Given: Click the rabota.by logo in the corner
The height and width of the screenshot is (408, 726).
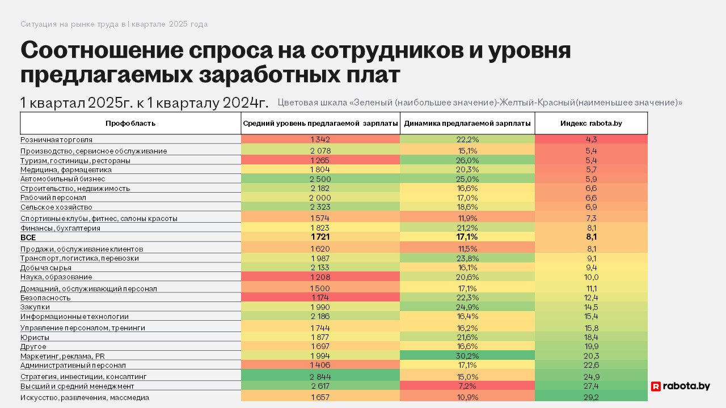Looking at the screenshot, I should coord(680,386).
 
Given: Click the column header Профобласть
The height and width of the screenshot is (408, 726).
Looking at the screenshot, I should coord(130,123).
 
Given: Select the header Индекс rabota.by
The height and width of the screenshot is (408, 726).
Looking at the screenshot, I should coord(591,123).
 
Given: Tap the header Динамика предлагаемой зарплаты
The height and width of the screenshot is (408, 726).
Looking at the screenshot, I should coord(467,123).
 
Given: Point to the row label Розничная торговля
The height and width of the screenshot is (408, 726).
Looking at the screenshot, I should coord(57,139).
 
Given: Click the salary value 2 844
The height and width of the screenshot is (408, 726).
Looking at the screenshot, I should coord(320,376).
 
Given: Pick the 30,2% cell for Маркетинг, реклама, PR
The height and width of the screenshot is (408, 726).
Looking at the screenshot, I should coord(467,356).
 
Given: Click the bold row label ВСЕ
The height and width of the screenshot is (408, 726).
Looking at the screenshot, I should coord(28,238).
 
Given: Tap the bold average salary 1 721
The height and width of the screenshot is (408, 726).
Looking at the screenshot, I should coord(320,237).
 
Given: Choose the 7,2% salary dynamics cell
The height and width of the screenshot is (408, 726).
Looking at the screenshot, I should coord(467,386).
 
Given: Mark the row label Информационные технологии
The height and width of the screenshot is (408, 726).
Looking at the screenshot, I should coord(74,317).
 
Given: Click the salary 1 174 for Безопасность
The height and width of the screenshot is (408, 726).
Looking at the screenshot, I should coord(320,297).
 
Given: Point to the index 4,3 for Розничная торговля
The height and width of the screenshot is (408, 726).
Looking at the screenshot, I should coord(591,139).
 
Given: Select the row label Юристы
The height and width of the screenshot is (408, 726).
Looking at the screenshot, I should coord(35,337).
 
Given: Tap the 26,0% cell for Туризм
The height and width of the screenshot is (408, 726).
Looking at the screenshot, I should coord(467,160).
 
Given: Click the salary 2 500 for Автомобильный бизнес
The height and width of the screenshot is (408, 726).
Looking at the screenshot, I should coord(320,178).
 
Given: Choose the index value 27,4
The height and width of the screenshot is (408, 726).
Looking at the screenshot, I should coord(591,386).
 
